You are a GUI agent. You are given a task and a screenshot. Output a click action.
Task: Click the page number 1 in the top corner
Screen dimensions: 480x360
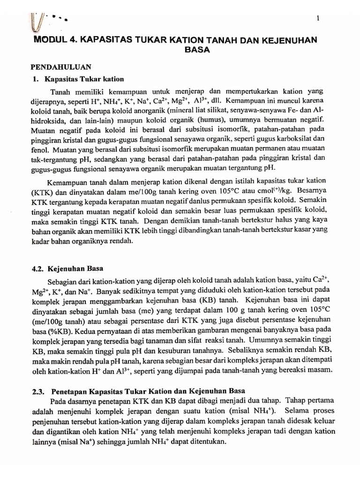click(318, 18)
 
